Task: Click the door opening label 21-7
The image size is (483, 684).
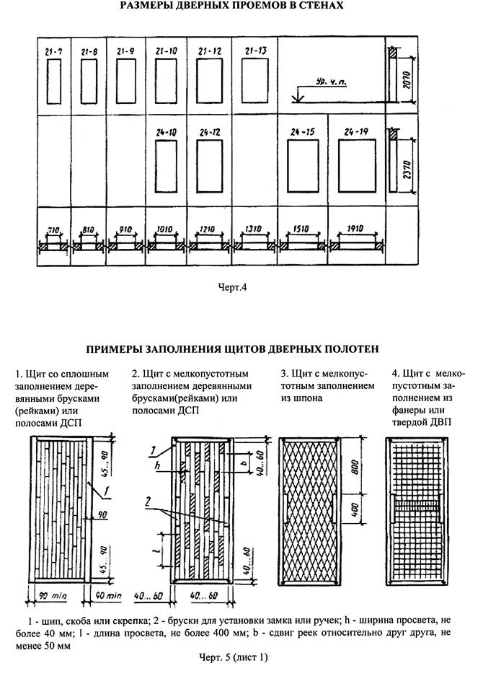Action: coord(54,52)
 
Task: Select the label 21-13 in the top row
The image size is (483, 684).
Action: coord(256,51)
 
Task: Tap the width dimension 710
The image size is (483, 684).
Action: coord(53,231)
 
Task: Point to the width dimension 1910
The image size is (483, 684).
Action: coord(355,229)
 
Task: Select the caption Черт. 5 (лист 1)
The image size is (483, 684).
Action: coord(233,657)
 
